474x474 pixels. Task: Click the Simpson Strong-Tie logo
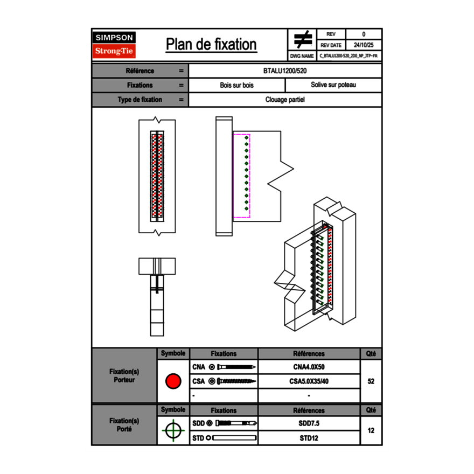(115, 45)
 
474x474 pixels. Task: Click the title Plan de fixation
(211, 45)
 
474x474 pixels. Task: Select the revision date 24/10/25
(364, 45)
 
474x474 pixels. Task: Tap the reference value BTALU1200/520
(285, 71)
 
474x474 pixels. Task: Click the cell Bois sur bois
(237, 85)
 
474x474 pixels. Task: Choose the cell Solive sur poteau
(333, 85)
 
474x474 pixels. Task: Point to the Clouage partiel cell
(285, 100)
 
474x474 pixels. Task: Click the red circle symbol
(173, 381)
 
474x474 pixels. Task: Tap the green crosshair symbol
(173, 431)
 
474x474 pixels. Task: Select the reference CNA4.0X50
(309, 367)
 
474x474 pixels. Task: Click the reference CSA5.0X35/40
(309, 381)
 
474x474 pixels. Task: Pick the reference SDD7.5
(309, 423)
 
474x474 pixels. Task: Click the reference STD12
(309, 438)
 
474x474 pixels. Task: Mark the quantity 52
(371, 381)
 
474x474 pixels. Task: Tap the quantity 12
(371, 431)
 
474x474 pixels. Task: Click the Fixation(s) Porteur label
(124, 375)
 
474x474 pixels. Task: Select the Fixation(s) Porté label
(124, 425)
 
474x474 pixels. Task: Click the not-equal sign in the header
(303, 40)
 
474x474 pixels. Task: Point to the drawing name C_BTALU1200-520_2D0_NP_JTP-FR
(348, 55)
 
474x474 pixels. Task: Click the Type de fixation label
(140, 100)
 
